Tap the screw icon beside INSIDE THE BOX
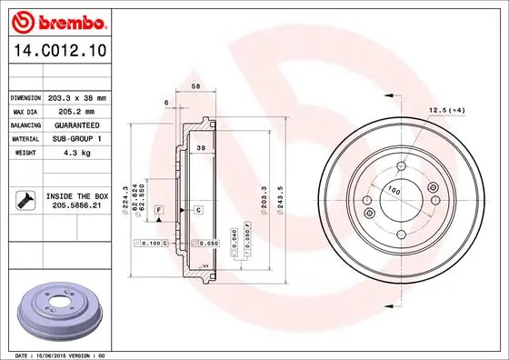[x=23, y=200]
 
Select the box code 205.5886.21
[x=75, y=206]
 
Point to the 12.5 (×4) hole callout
[x=447, y=110]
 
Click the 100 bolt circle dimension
[x=394, y=190]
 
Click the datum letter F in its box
[x=159, y=210]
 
